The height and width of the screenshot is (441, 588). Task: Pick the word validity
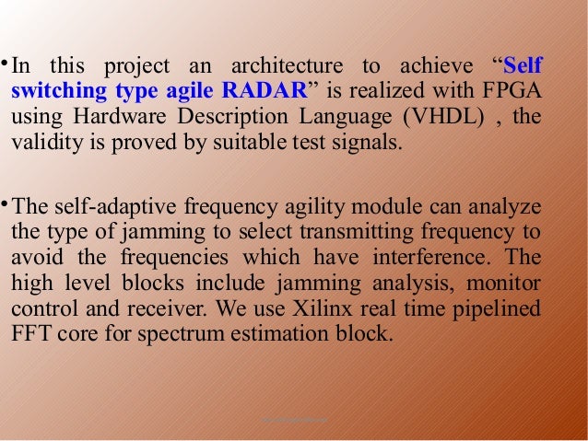(x=39, y=143)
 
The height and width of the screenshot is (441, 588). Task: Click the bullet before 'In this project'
(x=5, y=64)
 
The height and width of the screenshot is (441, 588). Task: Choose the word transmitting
(x=348, y=231)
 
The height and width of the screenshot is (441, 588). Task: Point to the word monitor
(x=508, y=282)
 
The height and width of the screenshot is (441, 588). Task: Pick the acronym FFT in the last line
(x=28, y=332)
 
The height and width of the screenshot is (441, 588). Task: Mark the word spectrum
(x=174, y=332)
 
